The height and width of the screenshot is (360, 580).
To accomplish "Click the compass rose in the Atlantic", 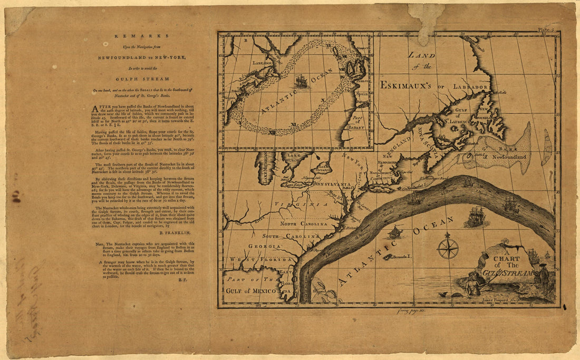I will pyautogui.click(x=448, y=248).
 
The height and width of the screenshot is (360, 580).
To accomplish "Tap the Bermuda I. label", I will pyautogui.click(x=404, y=257).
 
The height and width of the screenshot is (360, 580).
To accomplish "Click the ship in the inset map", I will pyautogui.click(x=302, y=81).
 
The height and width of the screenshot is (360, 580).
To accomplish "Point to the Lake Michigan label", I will pyautogui.click(x=262, y=167).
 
